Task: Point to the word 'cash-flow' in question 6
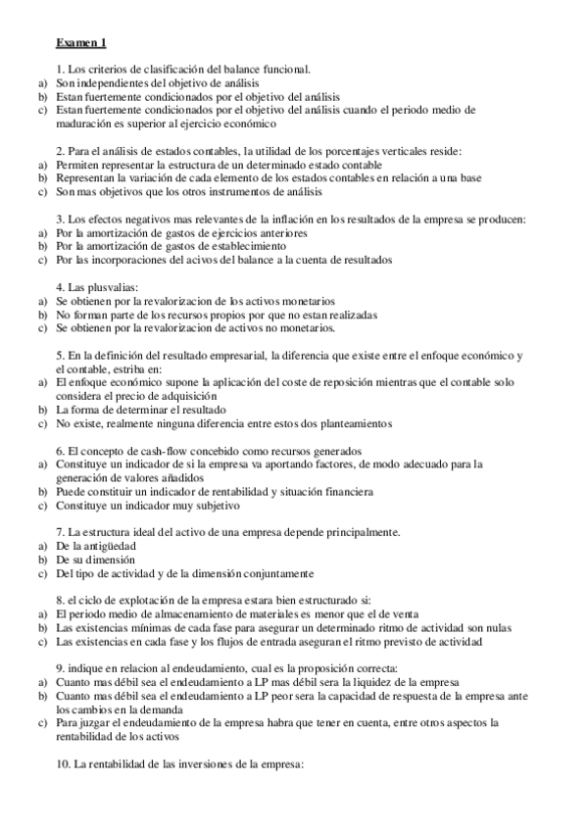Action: [x=154, y=450]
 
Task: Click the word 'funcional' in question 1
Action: [x=284, y=70]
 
